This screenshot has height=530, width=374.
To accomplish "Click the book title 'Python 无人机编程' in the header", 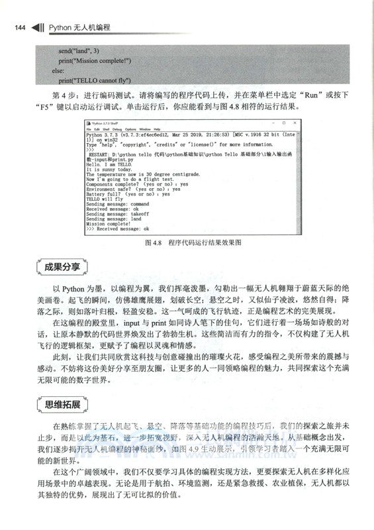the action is [79, 27].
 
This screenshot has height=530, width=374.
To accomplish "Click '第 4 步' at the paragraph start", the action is [64, 94].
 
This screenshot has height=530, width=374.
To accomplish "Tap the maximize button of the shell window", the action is [285, 123].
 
